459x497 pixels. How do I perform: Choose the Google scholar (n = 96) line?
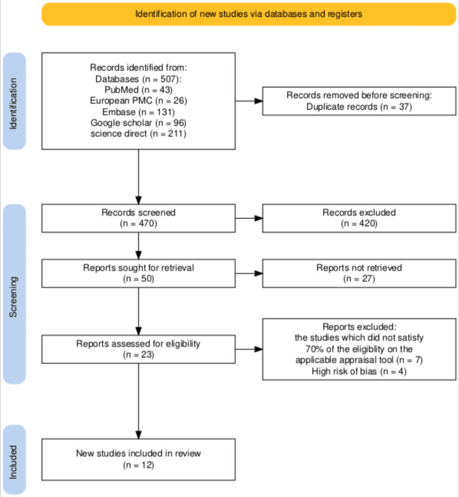point(138,122)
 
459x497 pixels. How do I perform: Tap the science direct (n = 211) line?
point(138,133)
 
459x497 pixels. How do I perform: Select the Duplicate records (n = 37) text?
point(359,106)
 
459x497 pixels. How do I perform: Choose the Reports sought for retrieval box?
point(138,273)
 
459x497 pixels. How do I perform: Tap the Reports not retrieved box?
point(359,273)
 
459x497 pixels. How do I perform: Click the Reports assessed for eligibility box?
point(138,349)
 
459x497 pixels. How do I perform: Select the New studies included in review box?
point(138,458)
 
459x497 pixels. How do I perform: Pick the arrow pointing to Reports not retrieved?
point(248,273)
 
